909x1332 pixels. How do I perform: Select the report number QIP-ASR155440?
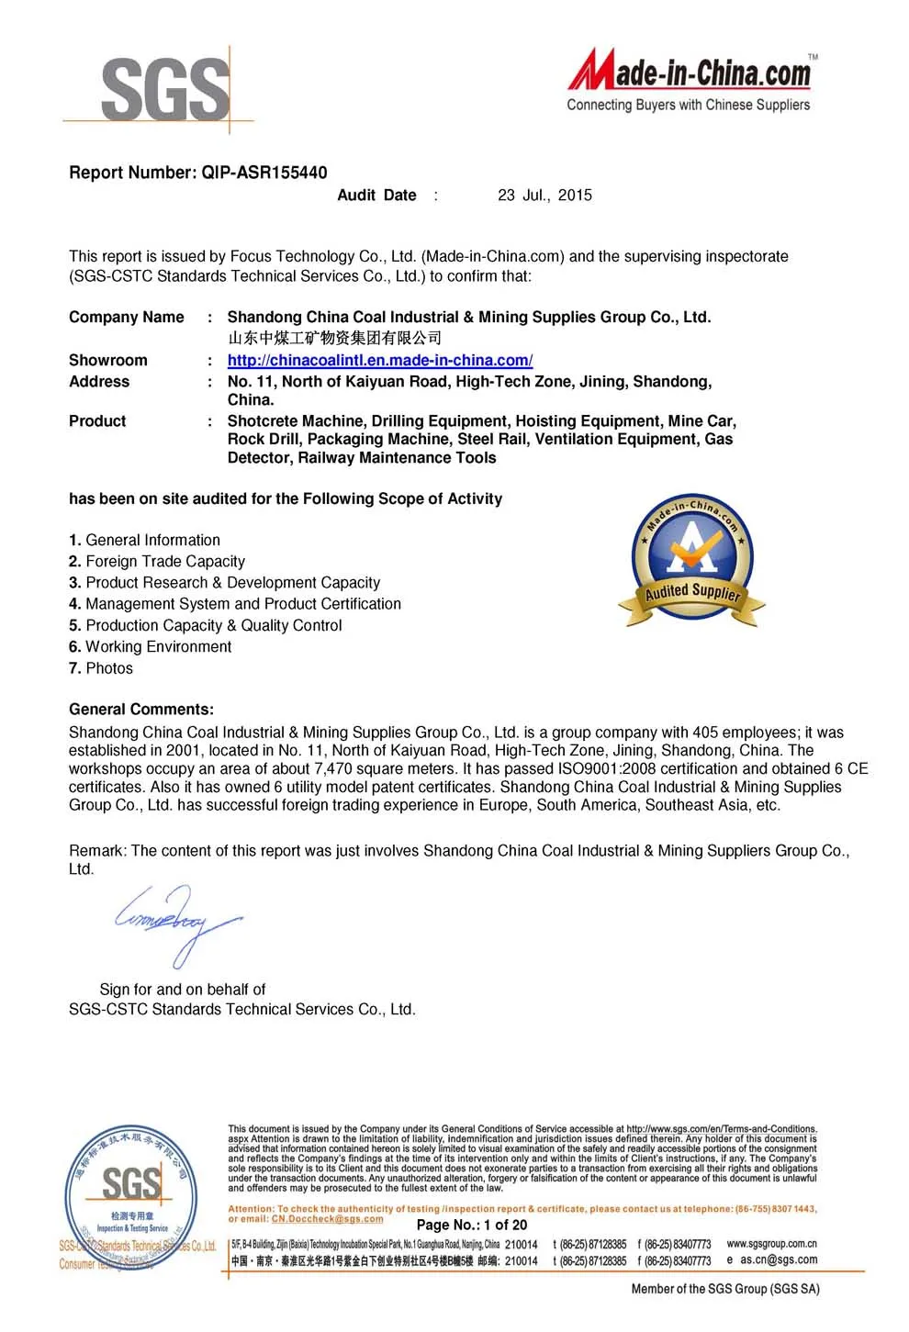pos(264,173)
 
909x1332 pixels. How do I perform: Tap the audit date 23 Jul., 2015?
pos(544,196)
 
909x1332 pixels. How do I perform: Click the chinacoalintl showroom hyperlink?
pos(379,361)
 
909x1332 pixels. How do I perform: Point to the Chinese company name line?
pos(334,338)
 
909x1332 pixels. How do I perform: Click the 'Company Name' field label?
pos(126,318)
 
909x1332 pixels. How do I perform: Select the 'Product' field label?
pos(97,421)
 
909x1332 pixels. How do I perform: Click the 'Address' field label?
pos(99,382)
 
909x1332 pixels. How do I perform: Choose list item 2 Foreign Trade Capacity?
pos(157,562)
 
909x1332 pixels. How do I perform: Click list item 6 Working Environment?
pos(150,647)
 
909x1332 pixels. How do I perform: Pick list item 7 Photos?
pos(101,669)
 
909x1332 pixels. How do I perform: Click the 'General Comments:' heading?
pos(140,710)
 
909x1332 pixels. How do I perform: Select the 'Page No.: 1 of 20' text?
pos(472,1226)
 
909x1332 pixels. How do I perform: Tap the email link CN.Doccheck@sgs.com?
pos(327,1219)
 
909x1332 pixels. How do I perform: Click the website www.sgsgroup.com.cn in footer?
pos(771,1245)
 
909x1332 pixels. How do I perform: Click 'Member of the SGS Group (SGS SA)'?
pos(724,1290)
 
